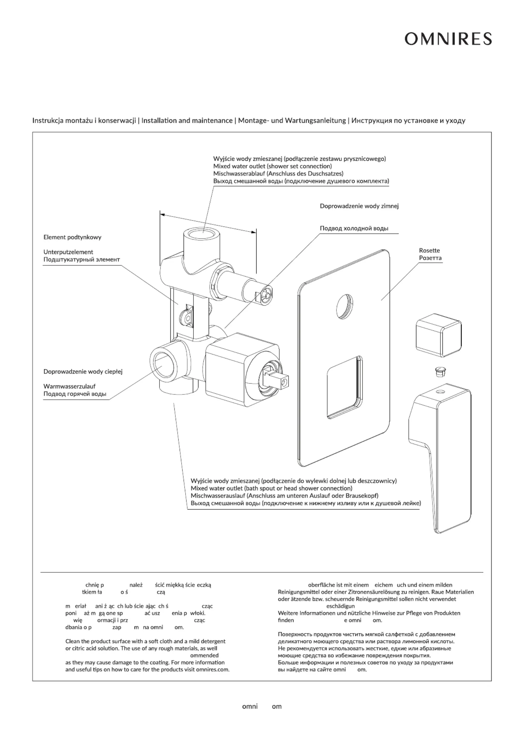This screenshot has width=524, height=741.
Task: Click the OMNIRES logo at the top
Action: [x=448, y=39]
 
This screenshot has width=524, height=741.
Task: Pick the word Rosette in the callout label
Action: [x=429, y=251]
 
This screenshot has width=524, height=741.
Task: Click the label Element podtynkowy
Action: [x=72, y=237]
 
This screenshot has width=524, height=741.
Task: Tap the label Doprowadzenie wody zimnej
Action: [x=359, y=206]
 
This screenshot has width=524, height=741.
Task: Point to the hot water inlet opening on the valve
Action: [x=163, y=362]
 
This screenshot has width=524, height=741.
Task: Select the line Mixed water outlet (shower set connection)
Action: [x=272, y=166]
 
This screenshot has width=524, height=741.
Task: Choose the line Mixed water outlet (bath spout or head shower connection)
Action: [x=271, y=488]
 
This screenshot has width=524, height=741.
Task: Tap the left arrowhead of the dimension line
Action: [x=162, y=215]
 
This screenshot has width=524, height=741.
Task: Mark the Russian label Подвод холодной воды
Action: [x=354, y=228]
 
